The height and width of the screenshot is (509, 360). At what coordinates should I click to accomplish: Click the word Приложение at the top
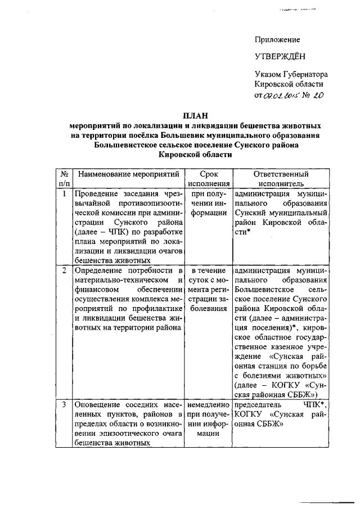(277, 40)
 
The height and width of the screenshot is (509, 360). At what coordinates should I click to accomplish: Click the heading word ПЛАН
(199, 115)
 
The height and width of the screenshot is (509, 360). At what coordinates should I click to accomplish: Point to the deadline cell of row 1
(208, 204)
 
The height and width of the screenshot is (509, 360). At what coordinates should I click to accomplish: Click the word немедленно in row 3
(208, 405)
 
